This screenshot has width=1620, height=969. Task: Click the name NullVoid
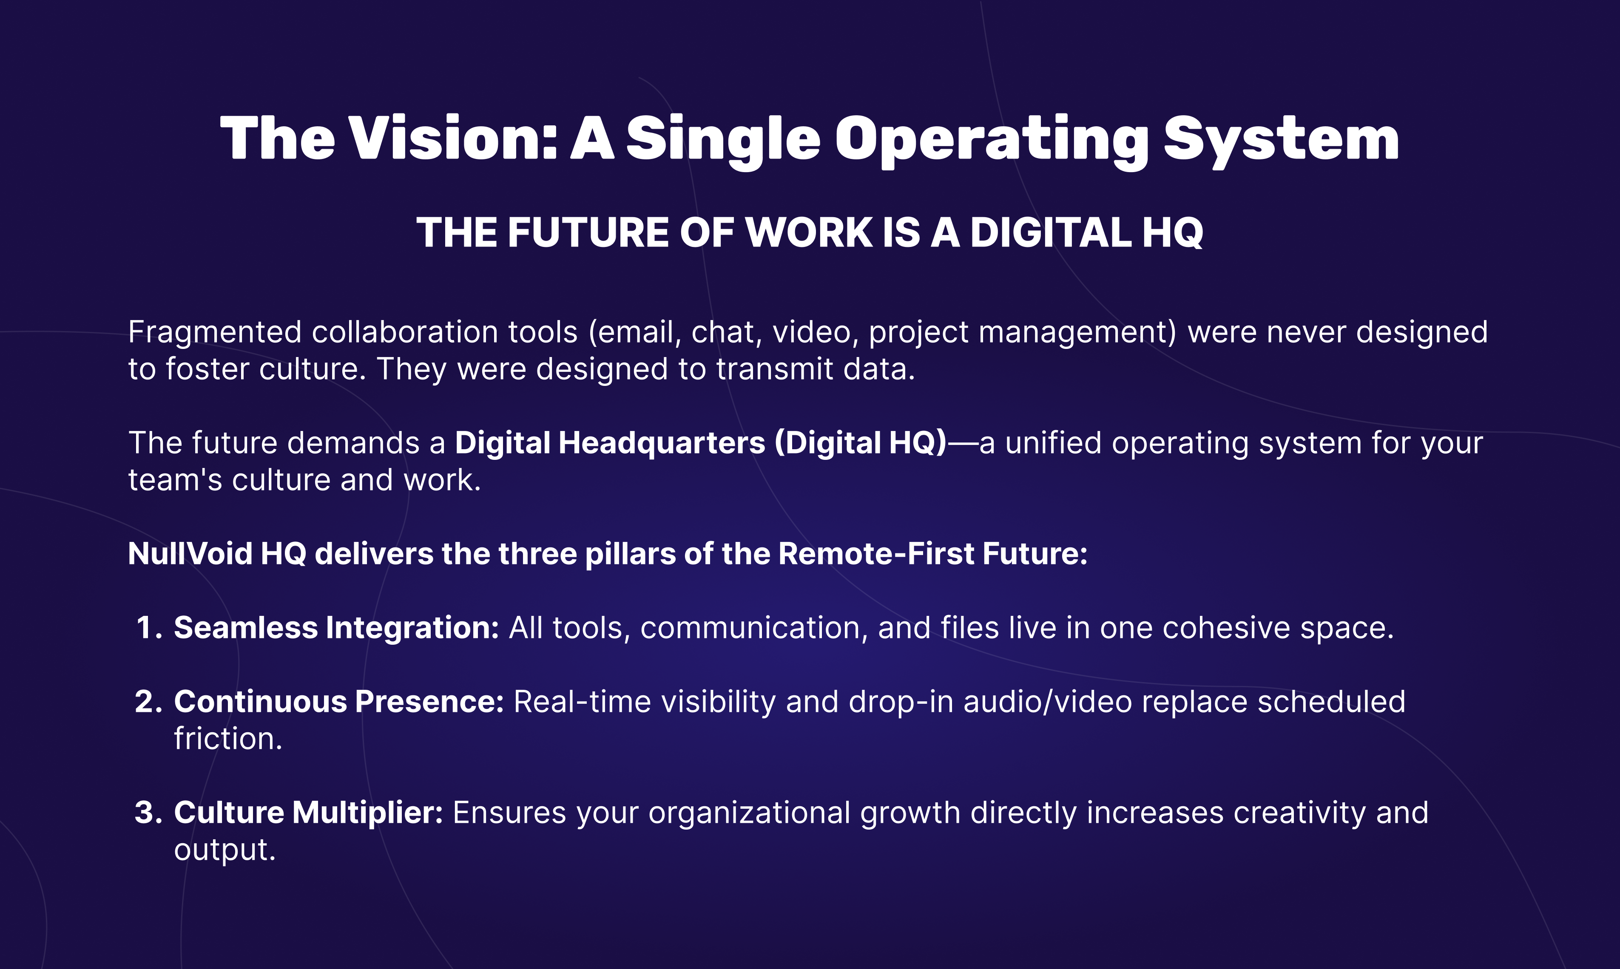point(190,554)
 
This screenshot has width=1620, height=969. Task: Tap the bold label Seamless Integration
point(336,628)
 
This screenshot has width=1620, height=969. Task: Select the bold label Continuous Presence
point(339,702)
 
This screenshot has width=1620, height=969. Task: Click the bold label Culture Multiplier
point(308,813)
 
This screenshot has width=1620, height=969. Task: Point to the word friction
point(228,739)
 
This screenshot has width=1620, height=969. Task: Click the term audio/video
point(1048,702)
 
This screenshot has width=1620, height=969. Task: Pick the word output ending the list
point(225,850)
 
